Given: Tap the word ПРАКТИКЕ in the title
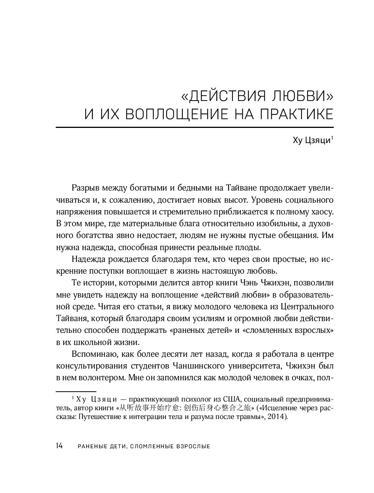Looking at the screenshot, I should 296,114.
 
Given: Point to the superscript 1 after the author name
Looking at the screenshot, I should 332,139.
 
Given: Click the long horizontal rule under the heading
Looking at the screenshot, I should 195,128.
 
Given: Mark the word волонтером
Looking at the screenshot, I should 102,378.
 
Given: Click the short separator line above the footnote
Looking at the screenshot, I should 76,391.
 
